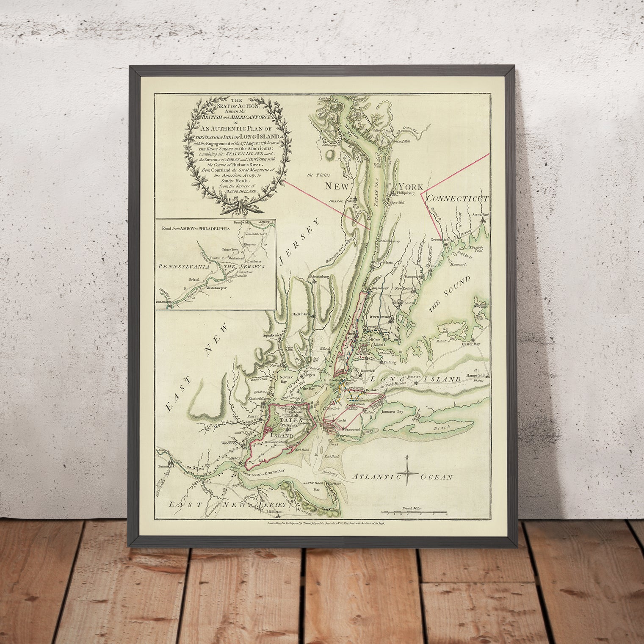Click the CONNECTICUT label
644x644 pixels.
tap(458, 199)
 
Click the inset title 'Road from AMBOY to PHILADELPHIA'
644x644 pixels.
tap(196, 228)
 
